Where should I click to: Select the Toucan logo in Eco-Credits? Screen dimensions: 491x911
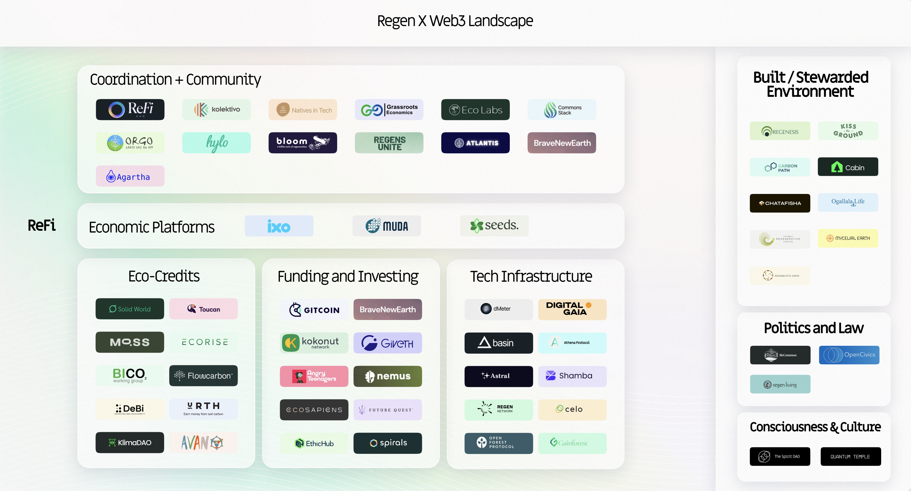coord(203,309)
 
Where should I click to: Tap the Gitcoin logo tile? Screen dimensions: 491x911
coord(314,310)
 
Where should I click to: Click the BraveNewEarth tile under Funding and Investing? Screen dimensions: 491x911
coord(388,310)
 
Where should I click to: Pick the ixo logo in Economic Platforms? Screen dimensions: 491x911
coord(279,226)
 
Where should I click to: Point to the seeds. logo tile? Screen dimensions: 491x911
coord(494,225)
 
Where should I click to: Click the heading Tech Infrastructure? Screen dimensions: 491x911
coord(531,276)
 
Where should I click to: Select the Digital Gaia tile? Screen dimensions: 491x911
coord(572,309)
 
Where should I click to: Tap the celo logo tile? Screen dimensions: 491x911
coord(572,409)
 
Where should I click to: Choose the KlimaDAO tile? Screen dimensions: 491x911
coord(130,443)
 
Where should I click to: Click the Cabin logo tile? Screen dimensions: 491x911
coord(848,167)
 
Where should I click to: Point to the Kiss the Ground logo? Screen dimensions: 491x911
coord(848,131)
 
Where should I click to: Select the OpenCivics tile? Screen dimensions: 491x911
coord(849,355)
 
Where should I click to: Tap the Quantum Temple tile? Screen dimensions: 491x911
coord(850,457)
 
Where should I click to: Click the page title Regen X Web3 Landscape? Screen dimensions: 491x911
coord(455,21)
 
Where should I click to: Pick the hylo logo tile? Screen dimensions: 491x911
coord(216,143)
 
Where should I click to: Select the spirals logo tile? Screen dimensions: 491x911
coord(388,443)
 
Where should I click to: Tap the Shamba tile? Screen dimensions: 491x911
coord(572,376)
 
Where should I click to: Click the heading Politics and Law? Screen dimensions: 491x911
coord(813,328)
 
